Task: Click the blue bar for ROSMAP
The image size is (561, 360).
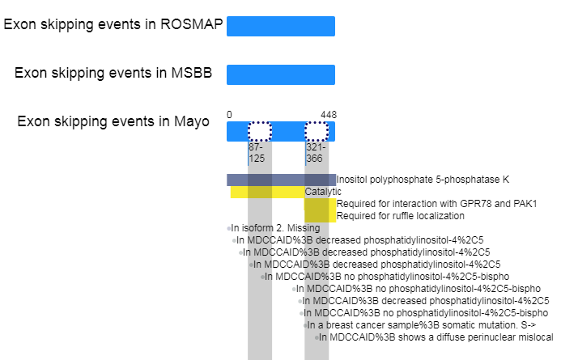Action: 281,26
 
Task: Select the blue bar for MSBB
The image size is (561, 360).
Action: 281,74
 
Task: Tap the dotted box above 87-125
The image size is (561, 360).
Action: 260,132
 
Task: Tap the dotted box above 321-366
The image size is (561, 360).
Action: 317,132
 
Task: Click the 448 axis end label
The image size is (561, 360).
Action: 329,115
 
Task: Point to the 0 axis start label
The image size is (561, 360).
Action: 229,115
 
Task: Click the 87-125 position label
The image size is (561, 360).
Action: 257,153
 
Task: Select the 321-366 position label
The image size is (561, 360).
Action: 315,153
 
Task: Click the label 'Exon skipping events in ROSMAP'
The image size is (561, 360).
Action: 113,24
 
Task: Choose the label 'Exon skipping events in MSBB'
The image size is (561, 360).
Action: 113,73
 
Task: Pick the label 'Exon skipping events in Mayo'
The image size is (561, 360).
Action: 113,121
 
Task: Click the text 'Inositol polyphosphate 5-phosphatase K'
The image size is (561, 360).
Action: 423,180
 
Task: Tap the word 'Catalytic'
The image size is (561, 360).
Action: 323,192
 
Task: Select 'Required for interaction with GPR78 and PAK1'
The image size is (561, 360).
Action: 437,204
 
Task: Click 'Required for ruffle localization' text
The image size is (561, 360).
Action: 401,216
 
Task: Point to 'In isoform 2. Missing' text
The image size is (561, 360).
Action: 275,228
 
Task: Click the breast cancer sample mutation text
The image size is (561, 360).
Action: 422,325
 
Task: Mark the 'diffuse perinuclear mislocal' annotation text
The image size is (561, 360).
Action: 436,337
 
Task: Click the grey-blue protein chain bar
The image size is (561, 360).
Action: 281,180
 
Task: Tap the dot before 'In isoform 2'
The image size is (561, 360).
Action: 228,228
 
